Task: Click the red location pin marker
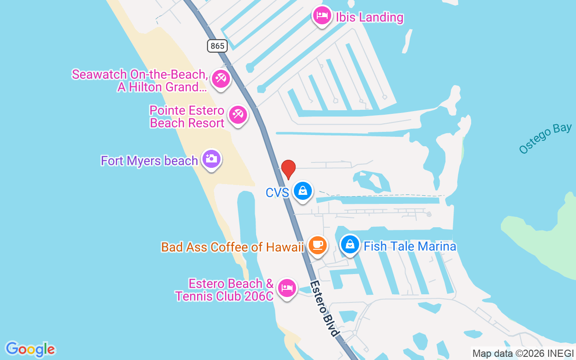pos(288,169)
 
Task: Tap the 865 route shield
pos(217,46)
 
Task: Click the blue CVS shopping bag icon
pos(303,191)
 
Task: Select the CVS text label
pos(277,193)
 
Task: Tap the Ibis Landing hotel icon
pos(322,16)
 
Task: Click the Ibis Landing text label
pos(369,18)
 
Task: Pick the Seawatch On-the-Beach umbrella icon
pos(220,79)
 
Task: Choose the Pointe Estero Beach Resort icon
pos(238,115)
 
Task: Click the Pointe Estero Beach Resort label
pos(187,117)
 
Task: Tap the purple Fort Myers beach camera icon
pos(211,159)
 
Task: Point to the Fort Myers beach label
pos(149,161)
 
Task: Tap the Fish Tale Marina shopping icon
pos(350,245)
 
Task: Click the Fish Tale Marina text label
pos(409,246)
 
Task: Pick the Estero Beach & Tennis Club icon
pos(287,287)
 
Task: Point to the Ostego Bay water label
pos(545,139)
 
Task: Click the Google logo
pos(30,349)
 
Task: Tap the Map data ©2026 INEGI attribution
pos(523,353)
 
